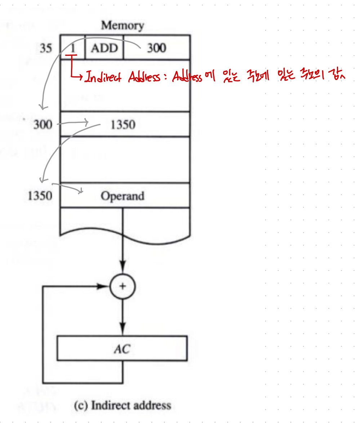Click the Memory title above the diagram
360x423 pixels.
(x=123, y=26)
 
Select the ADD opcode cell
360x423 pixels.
(x=104, y=48)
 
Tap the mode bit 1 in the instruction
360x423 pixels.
(x=73, y=47)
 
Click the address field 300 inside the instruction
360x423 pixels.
(x=156, y=48)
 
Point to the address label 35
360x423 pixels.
(x=46, y=48)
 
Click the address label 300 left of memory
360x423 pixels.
(x=43, y=125)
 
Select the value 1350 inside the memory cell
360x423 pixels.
(x=123, y=125)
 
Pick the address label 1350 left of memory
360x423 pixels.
(x=40, y=196)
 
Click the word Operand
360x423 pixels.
(x=123, y=196)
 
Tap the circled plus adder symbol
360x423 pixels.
(x=123, y=286)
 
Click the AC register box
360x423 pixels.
(x=123, y=348)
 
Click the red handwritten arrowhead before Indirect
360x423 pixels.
(x=81, y=76)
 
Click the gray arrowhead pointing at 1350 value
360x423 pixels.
(x=86, y=123)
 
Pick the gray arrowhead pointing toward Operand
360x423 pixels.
(x=82, y=191)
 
